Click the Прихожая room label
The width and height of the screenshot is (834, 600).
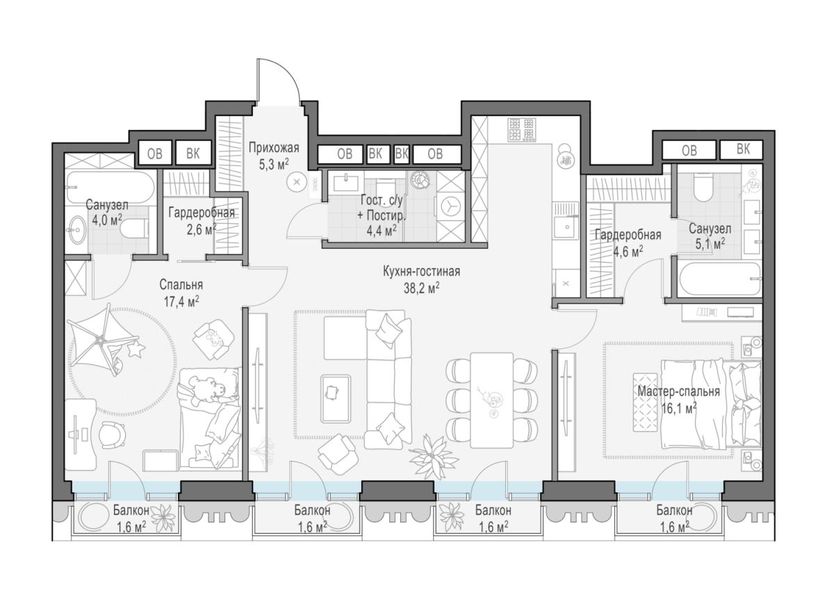[x=274, y=148]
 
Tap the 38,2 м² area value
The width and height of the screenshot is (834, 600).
[x=421, y=289]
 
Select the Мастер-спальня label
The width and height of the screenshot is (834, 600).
[x=678, y=391]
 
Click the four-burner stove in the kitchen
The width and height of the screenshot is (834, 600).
[x=522, y=129]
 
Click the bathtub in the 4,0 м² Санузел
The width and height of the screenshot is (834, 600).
[x=111, y=186]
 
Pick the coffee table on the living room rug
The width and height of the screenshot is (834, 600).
[x=336, y=398]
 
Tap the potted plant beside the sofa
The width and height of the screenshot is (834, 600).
[x=433, y=456]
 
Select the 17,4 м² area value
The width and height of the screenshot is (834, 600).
[x=181, y=301]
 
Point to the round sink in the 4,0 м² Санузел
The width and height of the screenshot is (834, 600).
[x=78, y=230]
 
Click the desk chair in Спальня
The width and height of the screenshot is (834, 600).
[x=112, y=436]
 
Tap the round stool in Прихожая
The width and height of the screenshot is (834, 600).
[x=297, y=182]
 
